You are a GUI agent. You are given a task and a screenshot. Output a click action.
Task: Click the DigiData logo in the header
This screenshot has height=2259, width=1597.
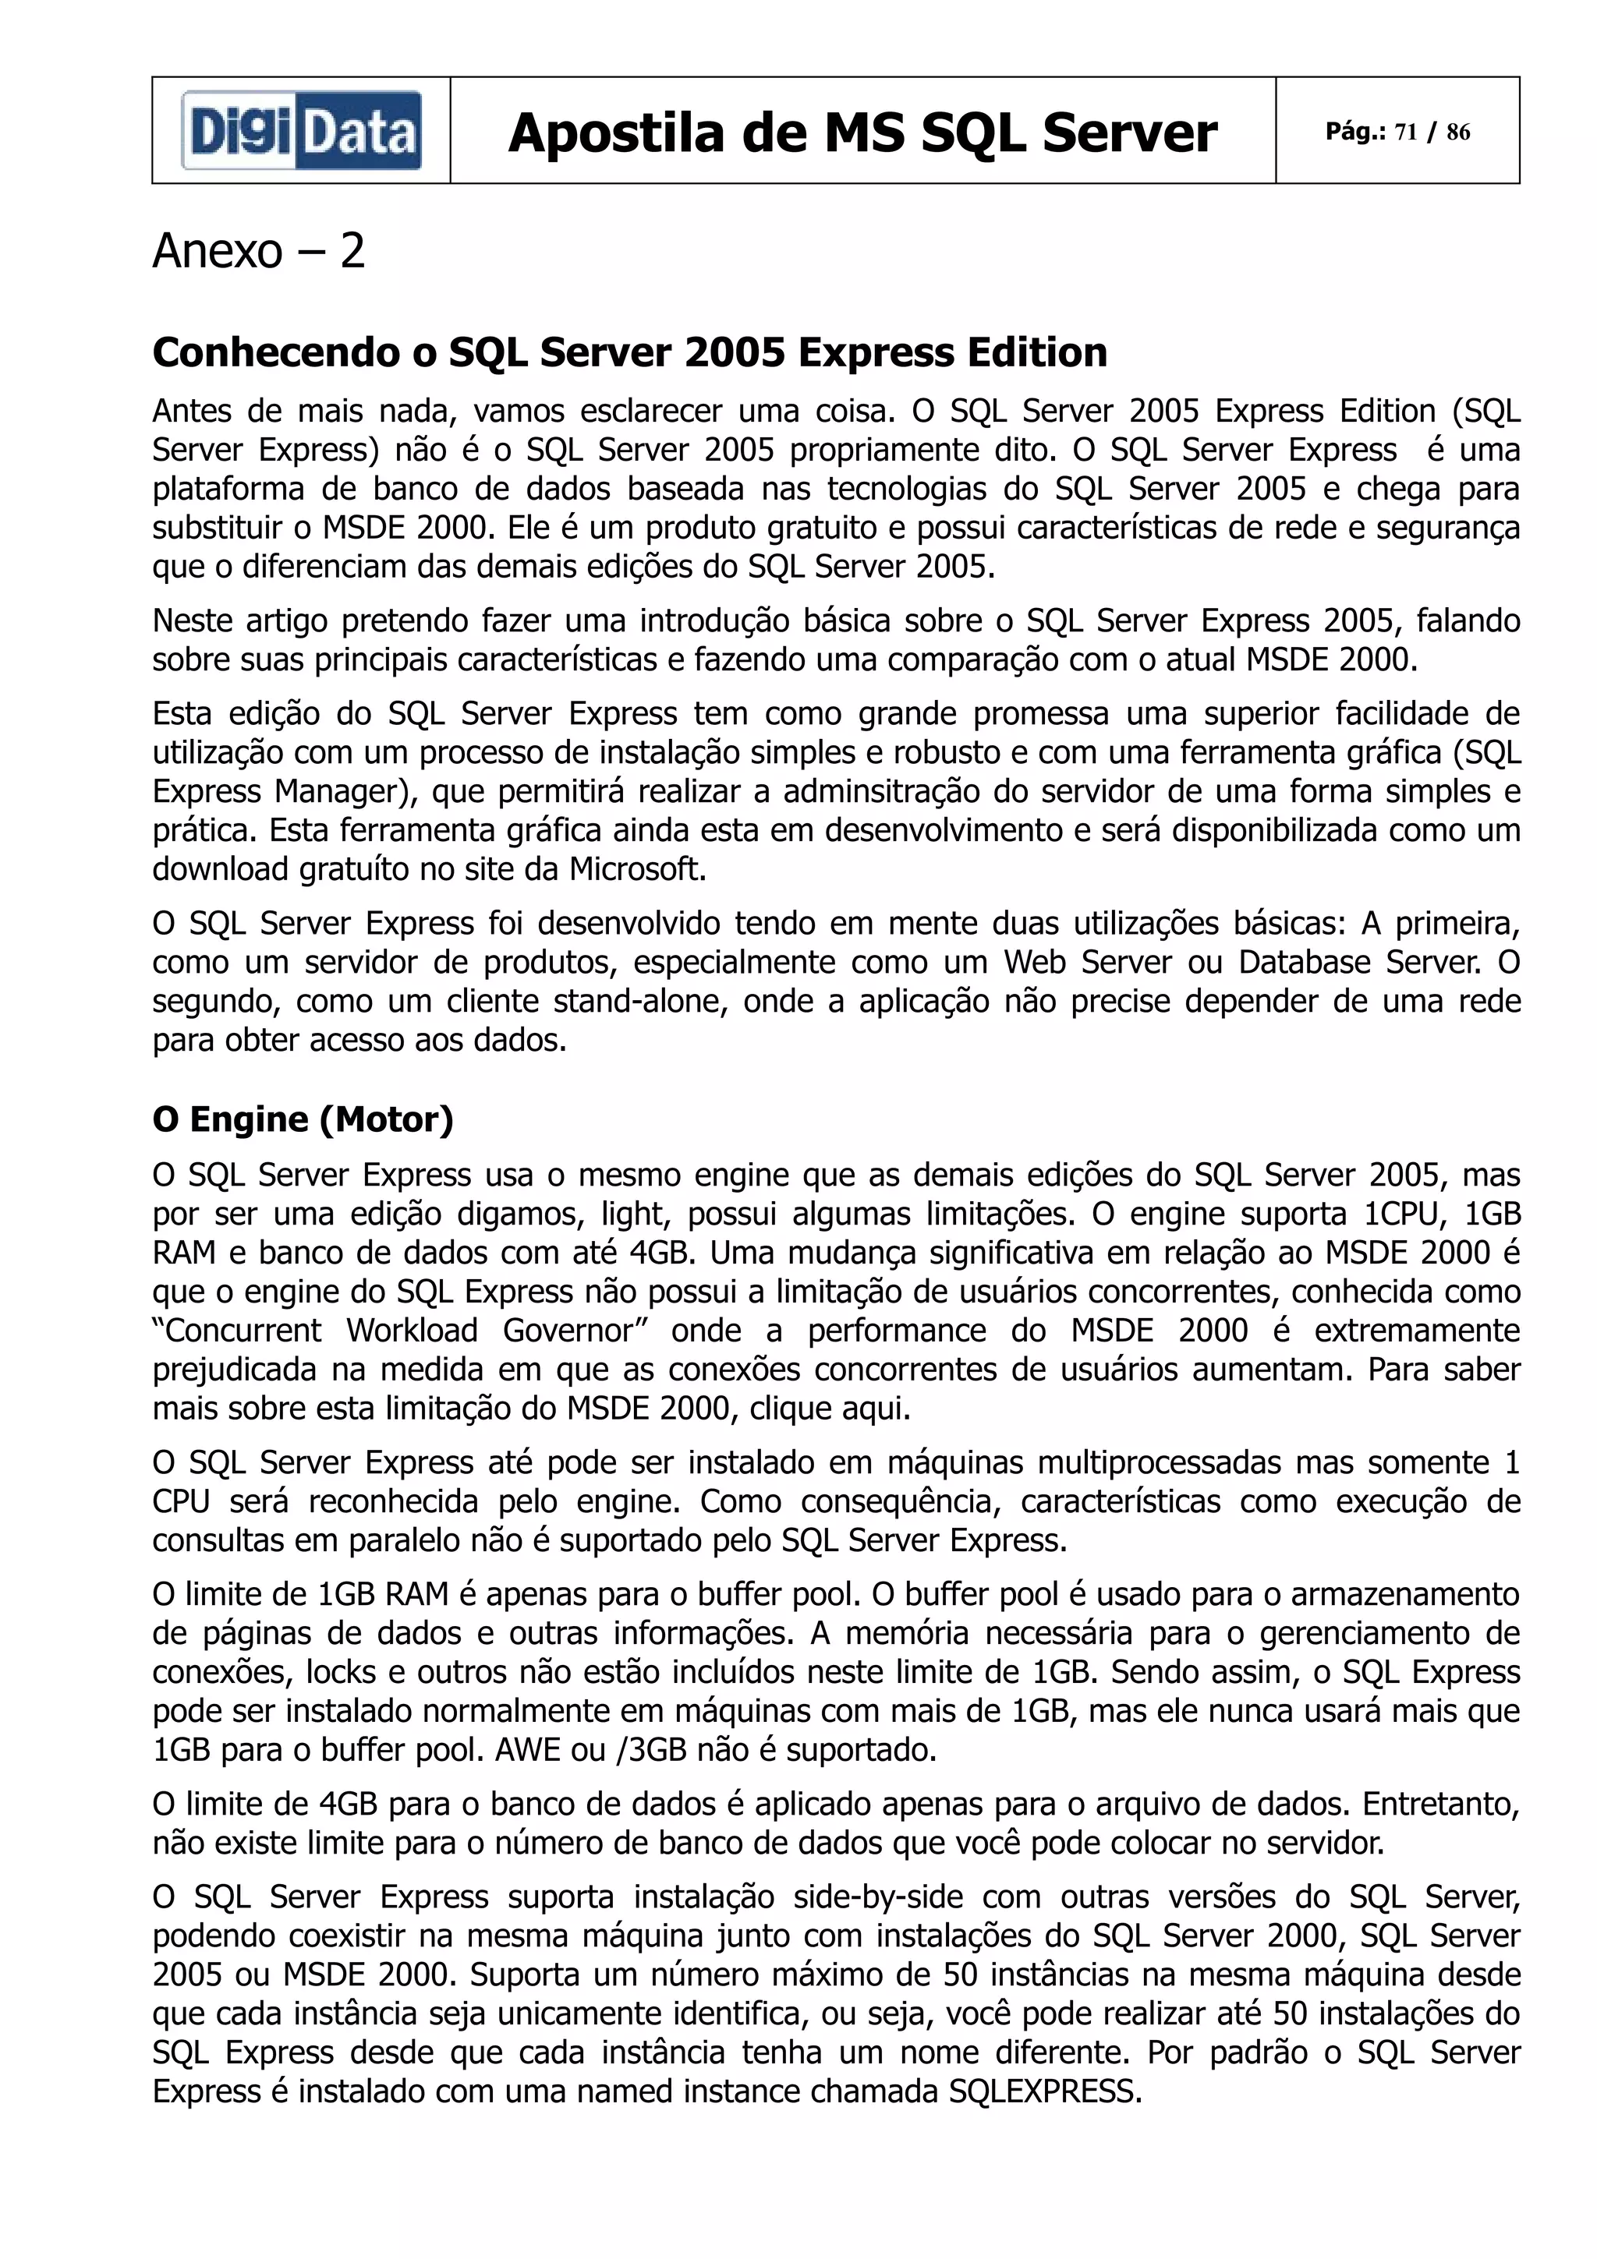pyautogui.click(x=301, y=131)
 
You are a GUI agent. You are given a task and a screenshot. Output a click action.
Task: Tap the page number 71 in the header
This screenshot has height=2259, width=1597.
pyautogui.click(x=1405, y=132)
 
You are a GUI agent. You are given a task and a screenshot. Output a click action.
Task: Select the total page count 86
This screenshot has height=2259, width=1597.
pyautogui.click(x=1458, y=132)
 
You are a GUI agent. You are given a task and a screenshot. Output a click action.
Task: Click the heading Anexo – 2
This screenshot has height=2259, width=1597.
pyautogui.click(x=259, y=251)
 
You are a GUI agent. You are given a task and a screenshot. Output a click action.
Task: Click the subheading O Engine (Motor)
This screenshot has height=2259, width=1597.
pyautogui.click(x=302, y=1119)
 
